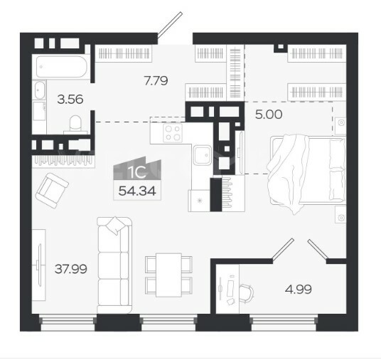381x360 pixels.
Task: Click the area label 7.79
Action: tap(156, 80)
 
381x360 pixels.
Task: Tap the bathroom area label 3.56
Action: tap(70, 99)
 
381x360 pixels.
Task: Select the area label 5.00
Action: tap(269, 115)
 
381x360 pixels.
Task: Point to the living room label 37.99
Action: tap(70, 269)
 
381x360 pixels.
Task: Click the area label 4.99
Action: tap(299, 290)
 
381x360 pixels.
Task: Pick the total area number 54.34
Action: tap(137, 191)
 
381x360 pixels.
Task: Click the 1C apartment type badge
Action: tap(137, 170)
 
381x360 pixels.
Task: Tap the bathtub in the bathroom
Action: tap(61, 66)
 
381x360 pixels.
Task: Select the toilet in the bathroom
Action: tap(75, 125)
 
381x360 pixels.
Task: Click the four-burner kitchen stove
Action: tap(173, 133)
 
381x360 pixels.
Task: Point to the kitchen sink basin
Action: tap(203, 155)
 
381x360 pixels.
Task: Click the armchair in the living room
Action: tap(52, 191)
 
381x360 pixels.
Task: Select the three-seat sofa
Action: tap(114, 265)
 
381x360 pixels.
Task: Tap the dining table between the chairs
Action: tap(169, 275)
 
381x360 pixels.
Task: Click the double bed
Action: tap(306, 171)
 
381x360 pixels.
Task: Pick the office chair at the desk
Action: tap(247, 293)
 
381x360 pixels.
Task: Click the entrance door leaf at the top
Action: tap(170, 25)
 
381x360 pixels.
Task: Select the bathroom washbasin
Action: tap(39, 90)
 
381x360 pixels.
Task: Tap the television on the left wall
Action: tap(39, 265)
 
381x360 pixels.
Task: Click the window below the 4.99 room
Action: tap(284, 322)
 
